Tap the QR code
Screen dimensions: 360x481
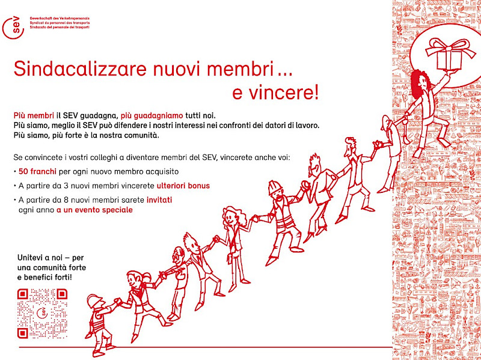tap(41, 313)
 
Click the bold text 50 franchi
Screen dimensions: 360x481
tap(37, 172)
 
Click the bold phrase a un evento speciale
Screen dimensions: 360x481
tap(95, 210)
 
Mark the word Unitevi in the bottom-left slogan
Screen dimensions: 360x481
tap(32, 257)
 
